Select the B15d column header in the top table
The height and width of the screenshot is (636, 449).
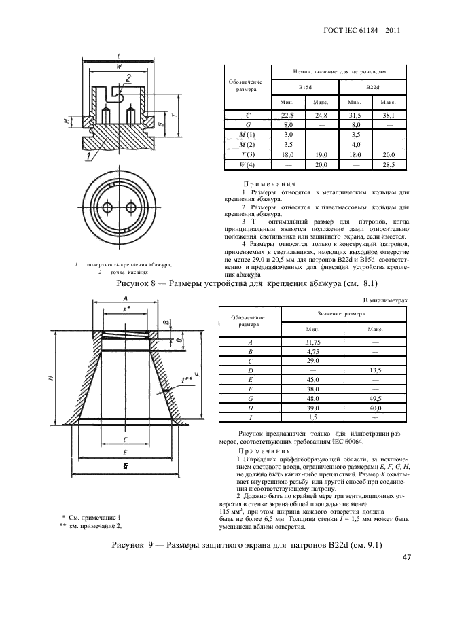click(x=305, y=88)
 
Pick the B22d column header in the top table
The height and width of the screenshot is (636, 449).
click(x=373, y=88)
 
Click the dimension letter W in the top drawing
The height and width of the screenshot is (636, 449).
click(x=119, y=67)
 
